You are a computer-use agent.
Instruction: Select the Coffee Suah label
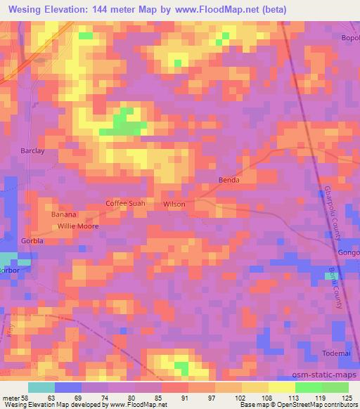click(125, 203)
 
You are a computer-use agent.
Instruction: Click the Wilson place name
click(174, 204)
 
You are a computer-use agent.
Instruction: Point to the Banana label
click(63, 214)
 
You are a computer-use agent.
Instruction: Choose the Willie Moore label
click(78, 226)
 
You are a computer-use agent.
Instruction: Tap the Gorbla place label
click(32, 240)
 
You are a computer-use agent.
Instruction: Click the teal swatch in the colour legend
click(41, 387)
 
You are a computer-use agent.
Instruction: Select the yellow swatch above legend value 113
click(282, 387)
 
